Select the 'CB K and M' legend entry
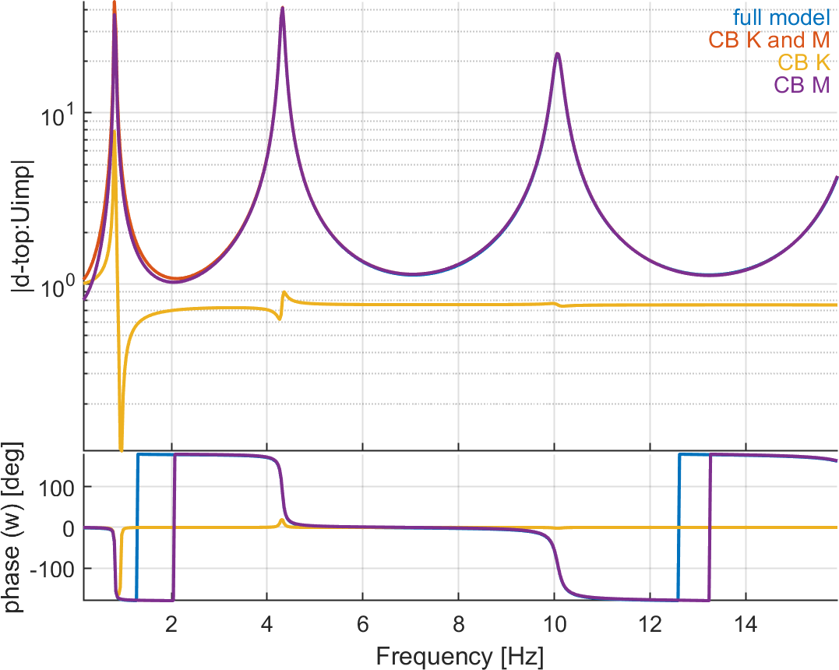[x=769, y=39]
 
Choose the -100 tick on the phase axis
[x=51, y=569]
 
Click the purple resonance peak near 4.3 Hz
[x=282, y=9]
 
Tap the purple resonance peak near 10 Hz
[x=558, y=54]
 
